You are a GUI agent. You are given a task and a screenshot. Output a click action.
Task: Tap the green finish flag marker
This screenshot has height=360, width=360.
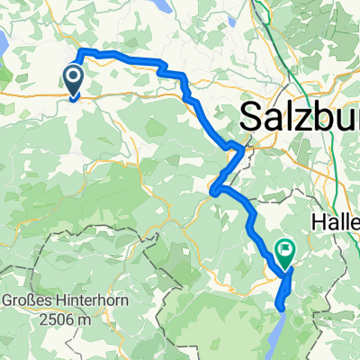click(x=285, y=253)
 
